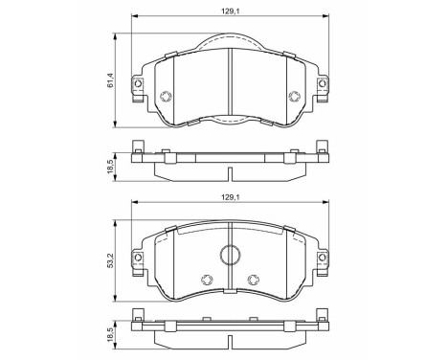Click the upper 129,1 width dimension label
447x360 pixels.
[231, 10]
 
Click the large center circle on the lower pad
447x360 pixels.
[230, 255]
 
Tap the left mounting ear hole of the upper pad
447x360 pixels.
[139, 84]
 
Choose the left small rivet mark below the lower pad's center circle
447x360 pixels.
[206, 280]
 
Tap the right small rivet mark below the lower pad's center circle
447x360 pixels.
[254, 280]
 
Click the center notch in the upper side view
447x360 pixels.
[231, 174]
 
